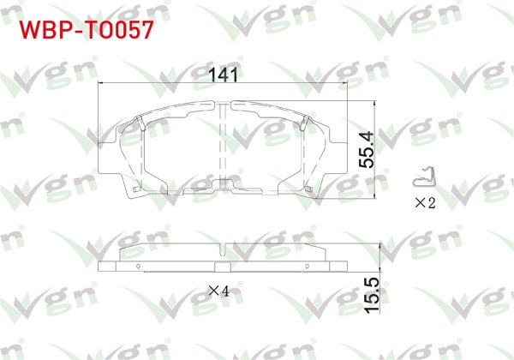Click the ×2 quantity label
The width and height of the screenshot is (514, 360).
[426, 204]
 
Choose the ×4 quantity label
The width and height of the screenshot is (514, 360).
[219, 291]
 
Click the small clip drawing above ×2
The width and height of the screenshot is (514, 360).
[422, 178]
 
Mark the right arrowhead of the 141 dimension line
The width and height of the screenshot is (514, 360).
[343, 83]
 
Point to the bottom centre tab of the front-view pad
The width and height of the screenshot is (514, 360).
[224, 183]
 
